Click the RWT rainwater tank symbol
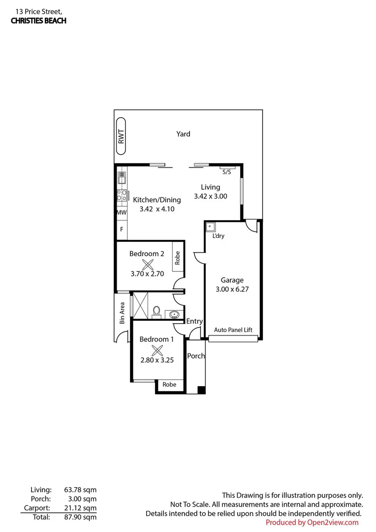tap(121, 132)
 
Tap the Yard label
tap(184, 134)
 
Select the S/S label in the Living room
tap(227, 172)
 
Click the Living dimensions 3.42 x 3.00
tap(211, 196)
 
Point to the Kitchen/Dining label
tap(157, 200)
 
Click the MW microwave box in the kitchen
tap(122, 213)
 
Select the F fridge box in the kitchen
tap(122, 229)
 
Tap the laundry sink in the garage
tap(210, 227)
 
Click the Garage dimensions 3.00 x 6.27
tap(232, 290)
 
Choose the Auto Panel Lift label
tap(233, 330)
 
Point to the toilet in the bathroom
tap(157, 311)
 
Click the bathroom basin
tap(173, 314)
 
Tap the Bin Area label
tap(123, 312)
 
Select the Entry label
tap(194, 322)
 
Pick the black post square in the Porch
tap(201, 390)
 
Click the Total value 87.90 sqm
tap(80, 517)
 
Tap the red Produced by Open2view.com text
tap(312, 522)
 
